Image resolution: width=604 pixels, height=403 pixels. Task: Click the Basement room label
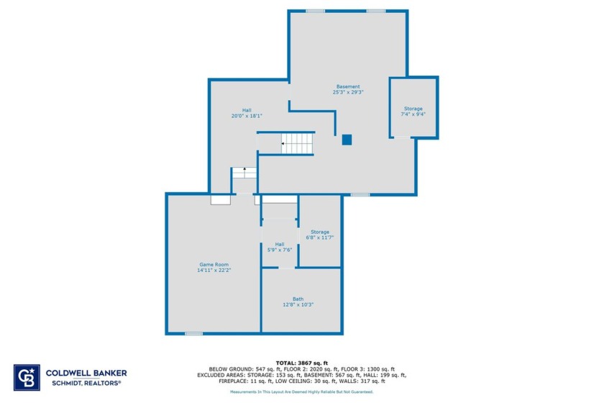[x=348, y=86]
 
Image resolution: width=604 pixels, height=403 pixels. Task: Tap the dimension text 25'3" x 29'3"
[x=348, y=93]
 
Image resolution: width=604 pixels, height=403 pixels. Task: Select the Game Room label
[x=214, y=264]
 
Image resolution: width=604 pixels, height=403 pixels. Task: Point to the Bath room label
[x=298, y=299]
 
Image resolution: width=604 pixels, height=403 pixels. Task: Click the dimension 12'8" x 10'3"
[x=298, y=305]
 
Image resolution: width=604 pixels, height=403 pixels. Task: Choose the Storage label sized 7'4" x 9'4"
[x=413, y=109]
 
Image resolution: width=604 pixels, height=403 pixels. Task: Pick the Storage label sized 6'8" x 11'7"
[x=320, y=232]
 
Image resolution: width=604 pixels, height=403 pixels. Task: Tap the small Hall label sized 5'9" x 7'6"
[x=279, y=244]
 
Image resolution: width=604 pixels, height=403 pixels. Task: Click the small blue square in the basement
[x=347, y=140]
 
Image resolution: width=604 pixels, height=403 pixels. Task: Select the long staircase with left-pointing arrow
[x=297, y=144]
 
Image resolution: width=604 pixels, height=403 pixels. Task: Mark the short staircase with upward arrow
[x=244, y=173]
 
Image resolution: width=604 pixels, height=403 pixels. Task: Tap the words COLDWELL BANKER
[x=86, y=373]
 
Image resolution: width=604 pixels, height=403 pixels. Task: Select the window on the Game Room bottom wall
[x=193, y=333]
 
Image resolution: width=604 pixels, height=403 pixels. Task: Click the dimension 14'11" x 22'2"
[x=214, y=271]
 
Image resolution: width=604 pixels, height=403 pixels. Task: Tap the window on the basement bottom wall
[x=360, y=194]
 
